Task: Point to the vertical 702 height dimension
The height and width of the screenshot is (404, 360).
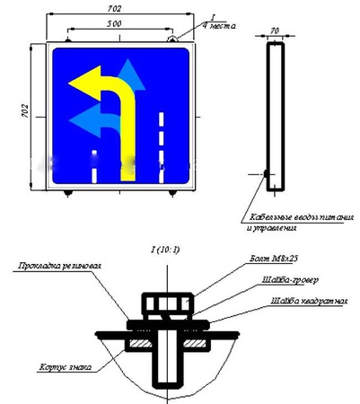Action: pyautogui.click(x=24, y=112)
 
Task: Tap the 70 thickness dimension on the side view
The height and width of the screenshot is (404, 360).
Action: pyautogui.click(x=275, y=30)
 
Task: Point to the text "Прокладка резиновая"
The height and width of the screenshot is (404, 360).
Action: pyautogui.click(x=52, y=266)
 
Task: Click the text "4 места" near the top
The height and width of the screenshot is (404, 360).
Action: pyautogui.click(x=220, y=26)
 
